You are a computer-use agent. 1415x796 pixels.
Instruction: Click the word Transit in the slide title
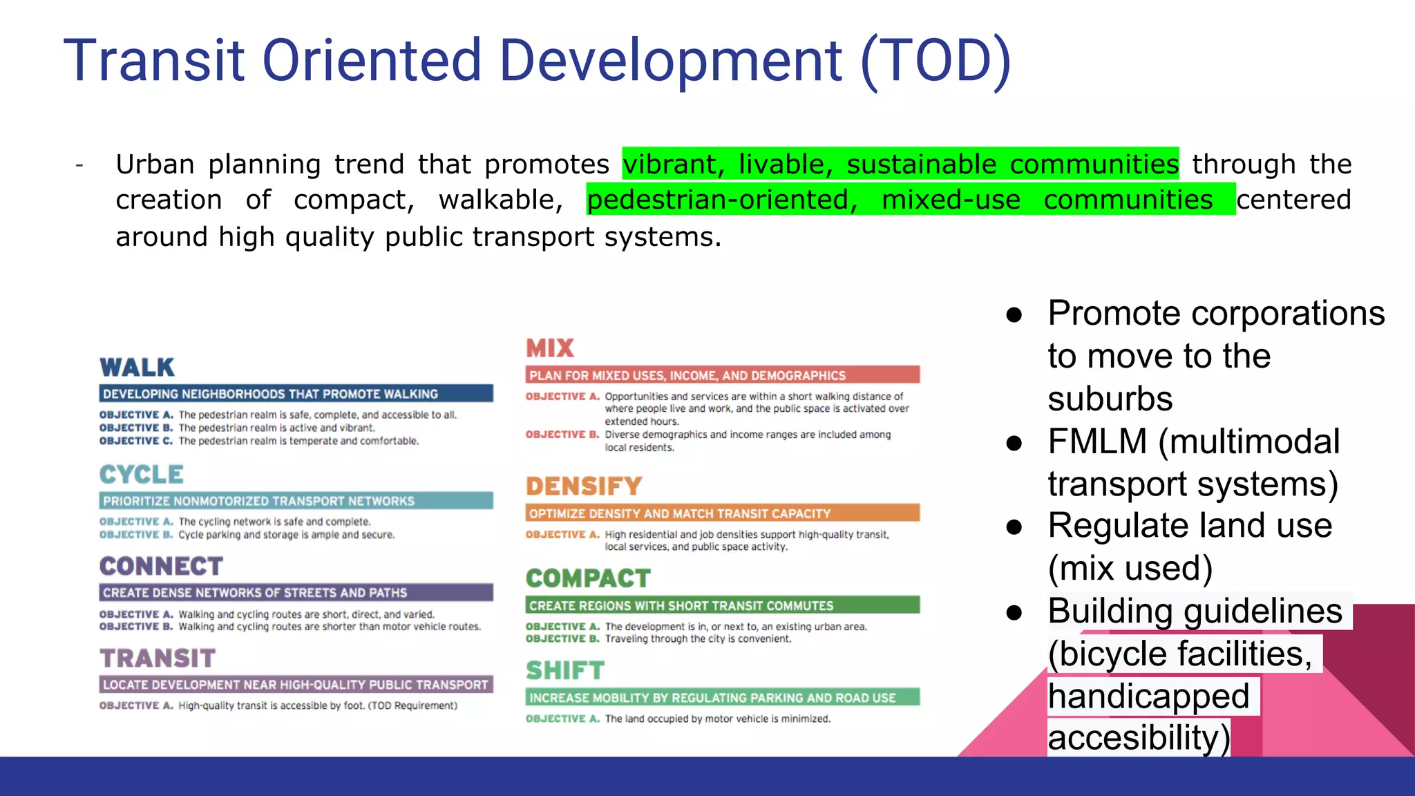pyautogui.click(x=154, y=61)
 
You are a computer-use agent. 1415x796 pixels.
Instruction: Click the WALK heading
pyautogui.click(x=137, y=368)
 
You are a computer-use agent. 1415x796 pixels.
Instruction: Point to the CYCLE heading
pyautogui.click(x=142, y=475)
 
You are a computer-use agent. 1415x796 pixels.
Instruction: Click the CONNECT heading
pyautogui.click(x=161, y=567)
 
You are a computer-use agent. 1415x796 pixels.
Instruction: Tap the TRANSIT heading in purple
pyautogui.click(x=158, y=658)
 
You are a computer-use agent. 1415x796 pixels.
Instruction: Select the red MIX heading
pyautogui.click(x=550, y=348)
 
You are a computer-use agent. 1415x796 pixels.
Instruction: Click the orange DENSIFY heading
pyautogui.click(x=584, y=486)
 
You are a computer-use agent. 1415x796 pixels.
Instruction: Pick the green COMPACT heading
pyautogui.click(x=588, y=578)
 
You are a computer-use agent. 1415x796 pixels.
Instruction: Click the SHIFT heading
pyautogui.click(x=565, y=670)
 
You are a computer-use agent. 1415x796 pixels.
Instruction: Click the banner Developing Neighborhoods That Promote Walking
pyautogui.click(x=296, y=394)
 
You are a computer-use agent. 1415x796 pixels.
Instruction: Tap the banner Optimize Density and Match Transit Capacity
pyautogui.click(x=722, y=513)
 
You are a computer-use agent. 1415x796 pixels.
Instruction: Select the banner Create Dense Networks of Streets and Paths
pyautogui.click(x=296, y=593)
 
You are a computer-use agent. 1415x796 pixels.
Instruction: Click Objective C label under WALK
pyautogui.click(x=136, y=441)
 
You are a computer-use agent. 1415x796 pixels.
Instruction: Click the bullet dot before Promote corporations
pyautogui.click(x=1014, y=315)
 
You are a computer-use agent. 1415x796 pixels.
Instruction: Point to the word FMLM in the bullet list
pyautogui.click(x=1097, y=442)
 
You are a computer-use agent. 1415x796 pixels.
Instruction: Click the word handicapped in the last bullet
pyautogui.click(x=1148, y=696)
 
